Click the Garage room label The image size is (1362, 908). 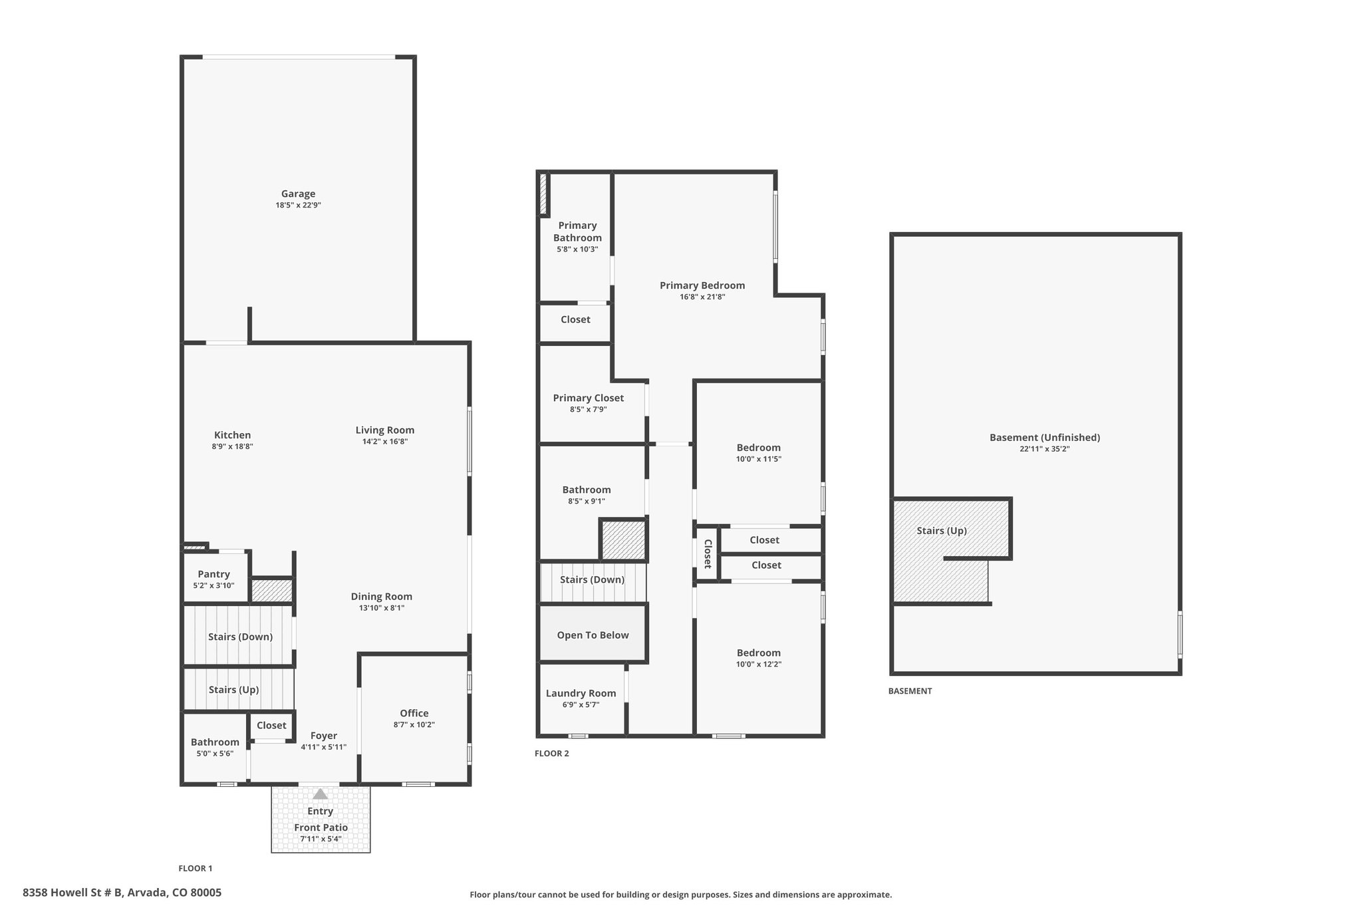tap(298, 194)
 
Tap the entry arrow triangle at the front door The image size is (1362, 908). tap(321, 794)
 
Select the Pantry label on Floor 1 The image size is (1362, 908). tap(213, 574)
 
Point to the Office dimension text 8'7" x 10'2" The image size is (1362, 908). tap(414, 724)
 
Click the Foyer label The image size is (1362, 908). tap(324, 736)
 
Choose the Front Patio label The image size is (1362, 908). tap(321, 828)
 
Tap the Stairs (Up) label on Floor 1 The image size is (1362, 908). tap(233, 690)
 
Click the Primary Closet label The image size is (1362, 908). tap(589, 398)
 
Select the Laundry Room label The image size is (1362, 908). tap(581, 693)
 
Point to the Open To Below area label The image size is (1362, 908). tap(593, 635)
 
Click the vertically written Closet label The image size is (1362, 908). tap(708, 553)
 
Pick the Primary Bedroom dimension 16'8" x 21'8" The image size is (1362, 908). tap(702, 297)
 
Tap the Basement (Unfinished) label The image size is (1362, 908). tap(1045, 438)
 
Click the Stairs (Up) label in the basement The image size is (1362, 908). tap(942, 531)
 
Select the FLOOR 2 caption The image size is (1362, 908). tap(552, 754)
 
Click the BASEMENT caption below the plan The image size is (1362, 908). tap(910, 691)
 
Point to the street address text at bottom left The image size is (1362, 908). tap(122, 893)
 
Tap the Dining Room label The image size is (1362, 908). tap(382, 597)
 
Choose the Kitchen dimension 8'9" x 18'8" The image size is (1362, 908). tap(232, 446)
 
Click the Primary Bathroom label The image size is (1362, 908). tap(577, 231)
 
